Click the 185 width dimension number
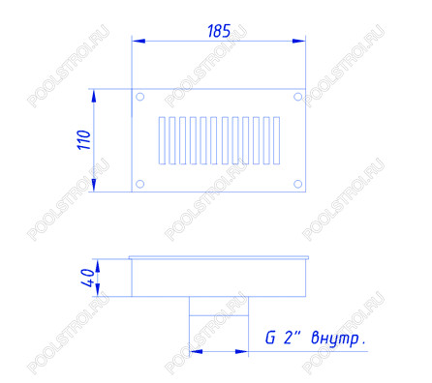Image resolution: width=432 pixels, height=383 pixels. click(x=219, y=31)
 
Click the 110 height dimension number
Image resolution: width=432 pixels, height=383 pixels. click(x=84, y=139)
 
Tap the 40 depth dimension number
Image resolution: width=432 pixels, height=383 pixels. click(x=89, y=278)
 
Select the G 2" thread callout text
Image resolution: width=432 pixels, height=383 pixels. click(x=283, y=338)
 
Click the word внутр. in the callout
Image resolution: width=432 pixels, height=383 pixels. click(x=339, y=339)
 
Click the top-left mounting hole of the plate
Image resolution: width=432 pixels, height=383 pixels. click(x=139, y=97)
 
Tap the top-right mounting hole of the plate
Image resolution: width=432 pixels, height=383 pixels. click(x=297, y=97)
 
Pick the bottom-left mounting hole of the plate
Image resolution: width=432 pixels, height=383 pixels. click(x=139, y=184)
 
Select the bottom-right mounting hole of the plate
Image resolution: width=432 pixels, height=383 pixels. click(x=297, y=184)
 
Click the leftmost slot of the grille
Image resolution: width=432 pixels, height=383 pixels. click(x=162, y=140)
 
